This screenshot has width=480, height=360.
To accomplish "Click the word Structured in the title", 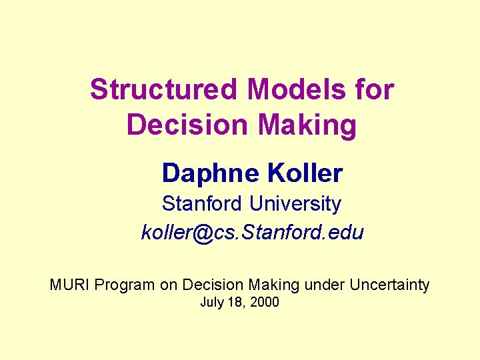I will pos(163,89).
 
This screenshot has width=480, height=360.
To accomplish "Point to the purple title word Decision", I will pos(183,125).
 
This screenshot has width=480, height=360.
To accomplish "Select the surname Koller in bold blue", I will pos(305,173).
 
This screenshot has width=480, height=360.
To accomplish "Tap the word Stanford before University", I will pos(203,203).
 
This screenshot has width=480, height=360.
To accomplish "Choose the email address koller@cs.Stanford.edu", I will pos(252,233).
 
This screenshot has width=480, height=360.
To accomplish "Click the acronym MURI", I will pos(70,285).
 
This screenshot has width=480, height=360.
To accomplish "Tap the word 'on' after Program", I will pos(169,285).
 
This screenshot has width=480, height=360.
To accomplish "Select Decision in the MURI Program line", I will pos(213,285).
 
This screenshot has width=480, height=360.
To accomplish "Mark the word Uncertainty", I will pos(389,285).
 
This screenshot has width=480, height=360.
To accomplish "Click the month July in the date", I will pos(213,303).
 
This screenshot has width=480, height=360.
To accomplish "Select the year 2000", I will pos(265,303).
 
